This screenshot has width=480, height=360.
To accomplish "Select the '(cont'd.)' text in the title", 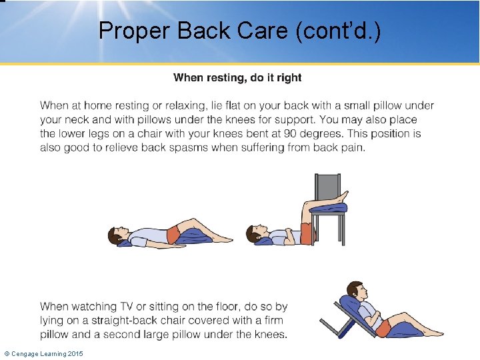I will coord(344,30).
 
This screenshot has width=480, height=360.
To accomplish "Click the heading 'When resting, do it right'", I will coord(237,78).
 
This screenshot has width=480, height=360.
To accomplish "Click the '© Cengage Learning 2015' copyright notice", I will coord(44,353).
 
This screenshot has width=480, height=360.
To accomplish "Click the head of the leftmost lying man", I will coord(117,234).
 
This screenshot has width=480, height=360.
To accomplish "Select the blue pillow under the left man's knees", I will coord(194,234).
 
